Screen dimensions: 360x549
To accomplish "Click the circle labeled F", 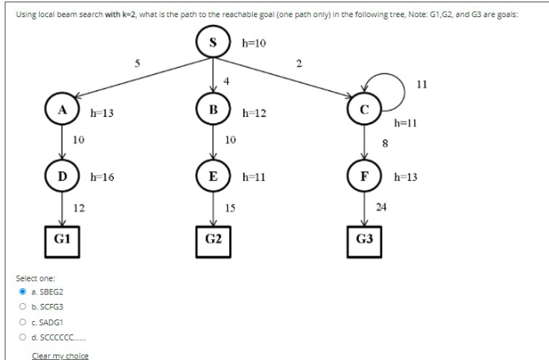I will click(x=364, y=177).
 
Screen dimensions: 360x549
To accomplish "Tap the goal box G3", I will click(x=364, y=238).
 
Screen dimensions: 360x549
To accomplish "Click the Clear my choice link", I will click(x=59, y=355).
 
